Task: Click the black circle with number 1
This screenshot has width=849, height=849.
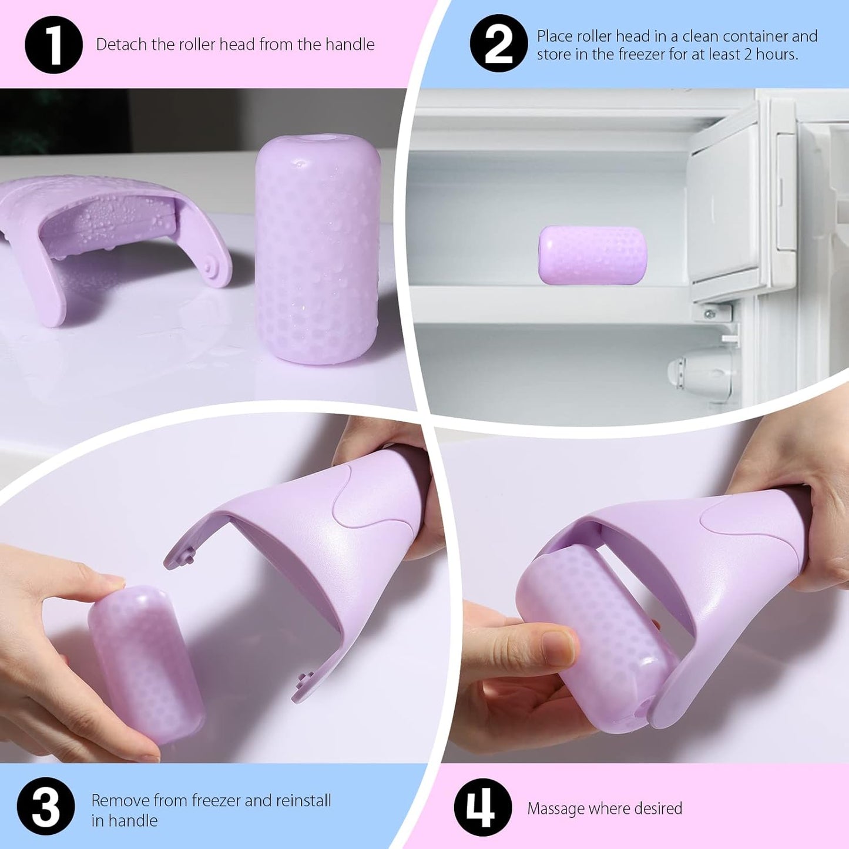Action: coord(53,45)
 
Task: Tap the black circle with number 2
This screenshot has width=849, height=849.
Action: coord(499,44)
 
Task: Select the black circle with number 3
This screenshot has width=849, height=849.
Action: coord(46,806)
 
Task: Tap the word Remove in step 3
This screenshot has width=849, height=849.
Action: coord(120,800)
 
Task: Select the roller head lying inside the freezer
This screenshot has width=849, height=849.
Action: coord(592,255)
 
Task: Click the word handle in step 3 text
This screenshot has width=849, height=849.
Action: coord(133,820)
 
